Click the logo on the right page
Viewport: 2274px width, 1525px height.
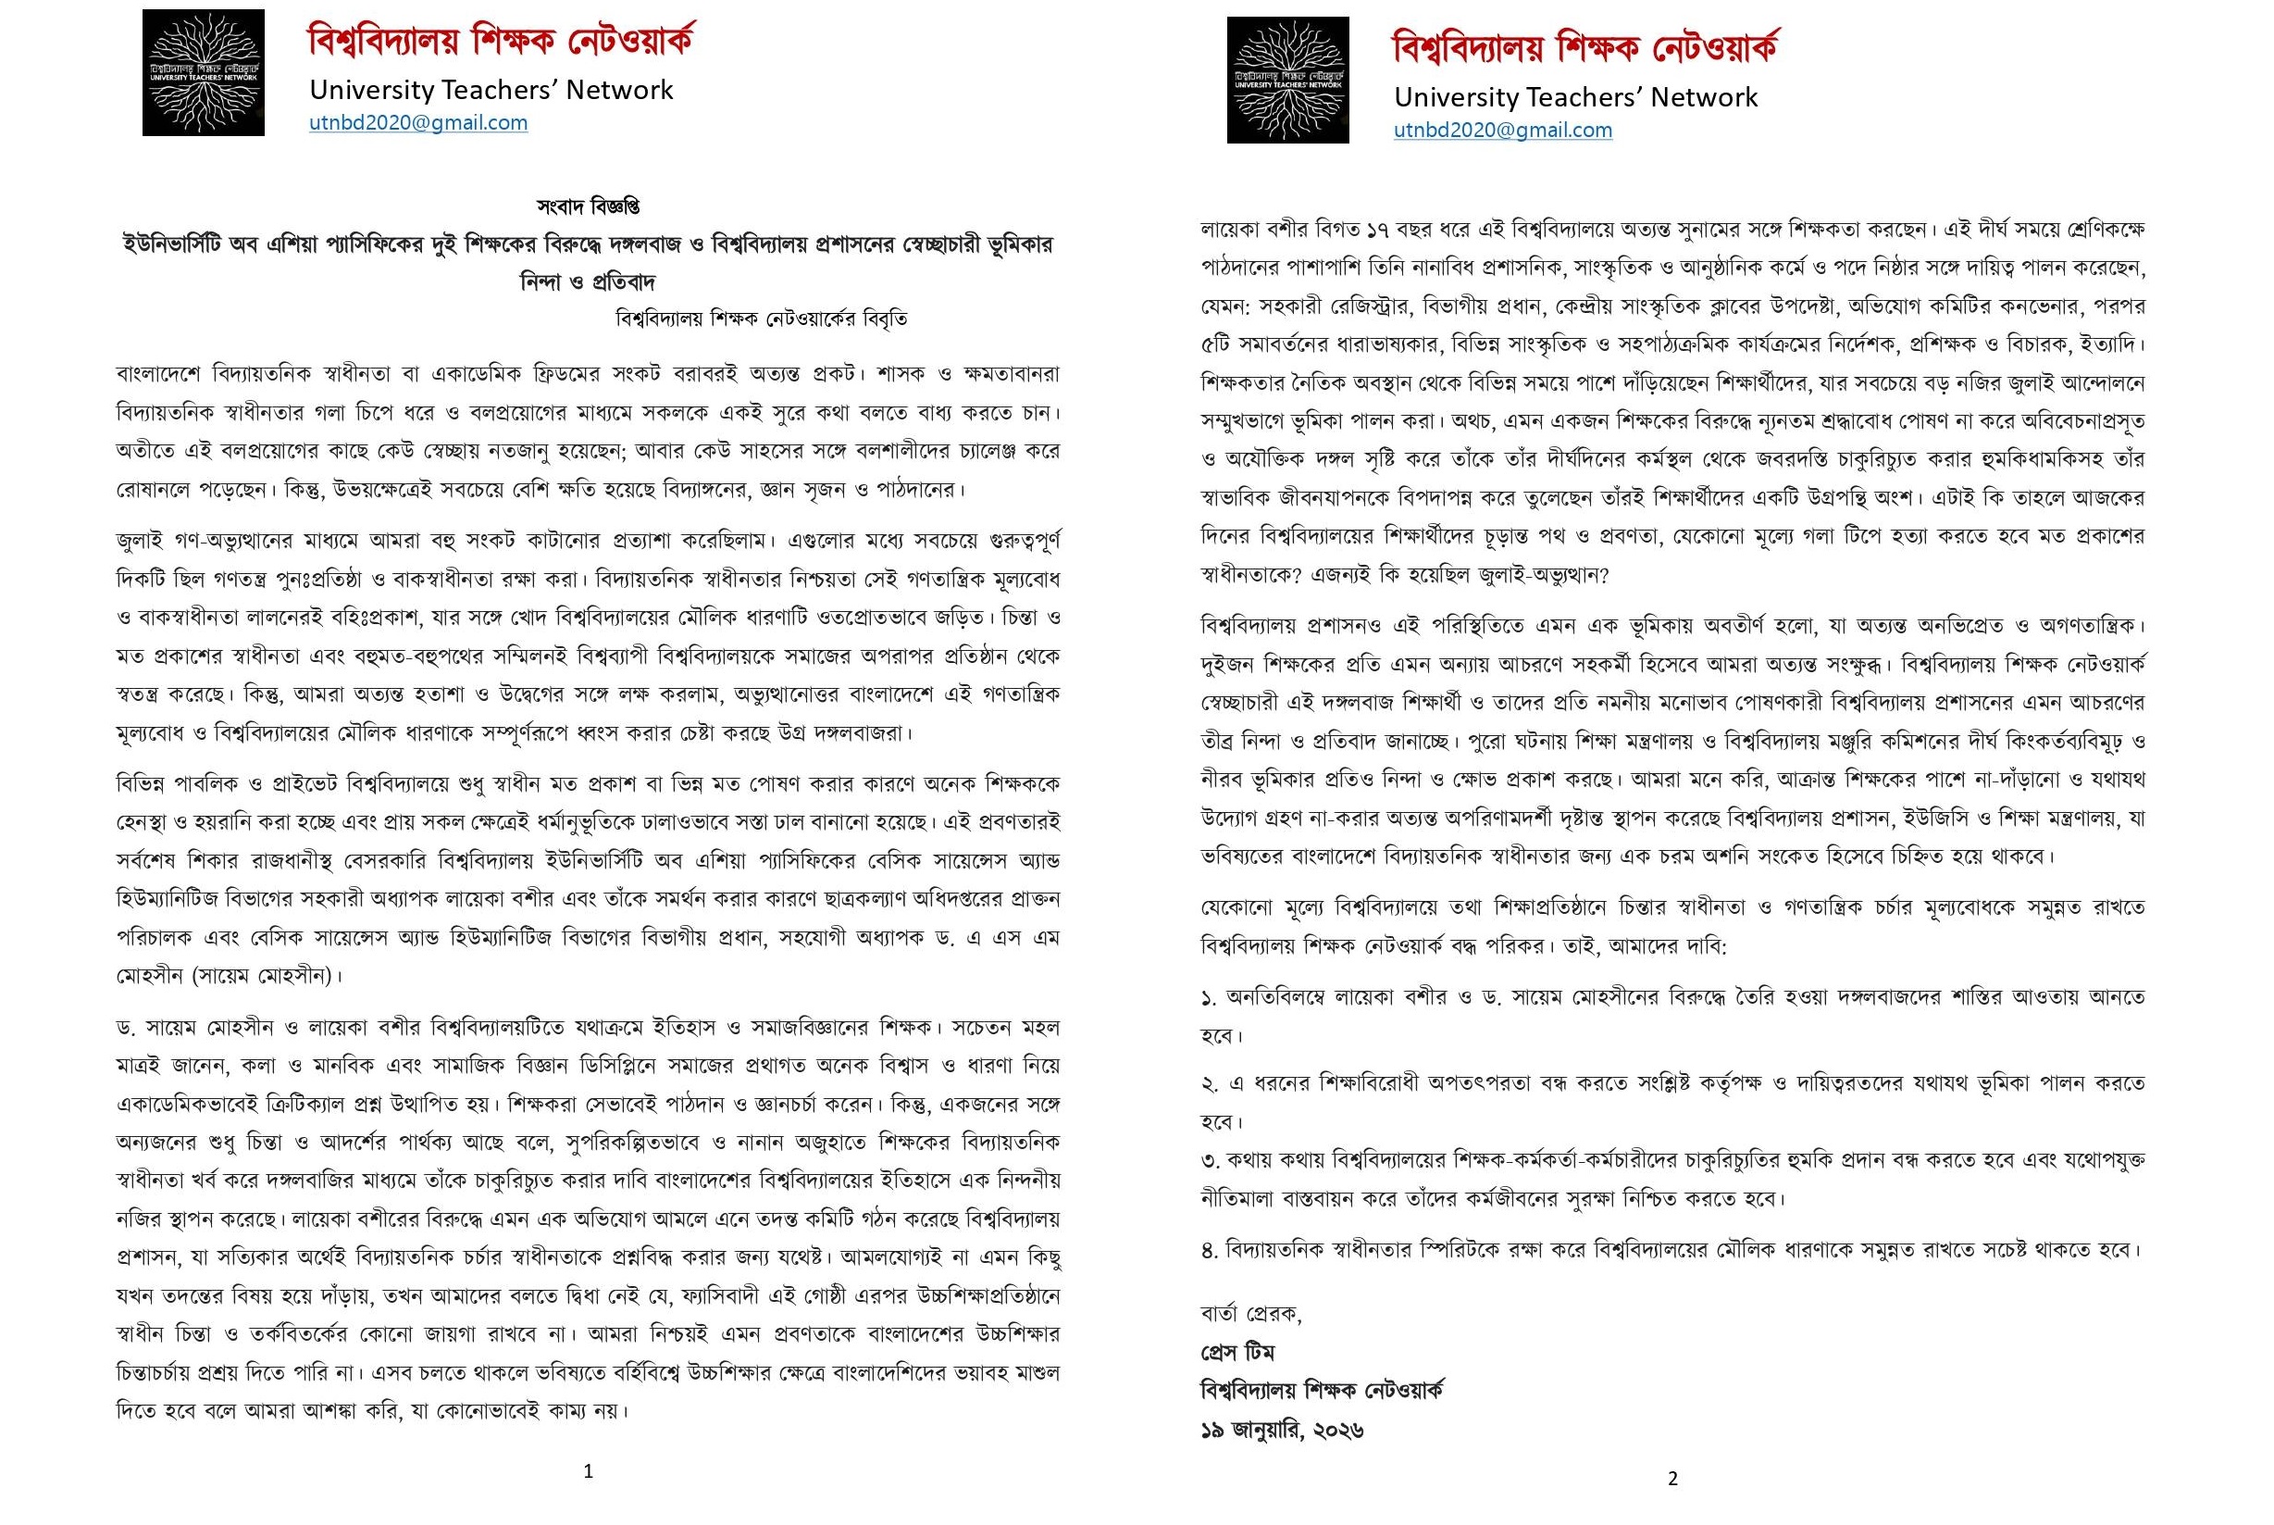tap(1287, 80)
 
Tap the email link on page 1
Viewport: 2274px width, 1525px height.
tap(418, 122)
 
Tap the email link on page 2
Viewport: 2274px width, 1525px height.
tap(1502, 131)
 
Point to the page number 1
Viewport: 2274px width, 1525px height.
tap(589, 1471)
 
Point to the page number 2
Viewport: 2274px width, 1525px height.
tap(1672, 1479)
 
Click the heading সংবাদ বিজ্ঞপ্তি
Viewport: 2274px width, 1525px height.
tap(589, 206)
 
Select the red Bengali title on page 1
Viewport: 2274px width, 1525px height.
tap(501, 41)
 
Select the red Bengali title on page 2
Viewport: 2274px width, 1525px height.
tap(1584, 47)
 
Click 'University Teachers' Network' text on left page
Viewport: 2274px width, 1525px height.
tap(491, 90)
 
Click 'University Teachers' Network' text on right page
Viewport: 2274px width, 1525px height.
tap(1575, 97)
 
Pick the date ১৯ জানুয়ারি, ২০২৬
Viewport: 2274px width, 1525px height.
tap(1281, 1430)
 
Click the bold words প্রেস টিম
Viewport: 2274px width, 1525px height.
tap(1237, 1353)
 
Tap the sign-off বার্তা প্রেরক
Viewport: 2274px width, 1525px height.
tap(1251, 1314)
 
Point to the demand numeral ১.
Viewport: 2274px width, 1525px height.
tap(1209, 998)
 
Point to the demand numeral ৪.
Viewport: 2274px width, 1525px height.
tap(1210, 1251)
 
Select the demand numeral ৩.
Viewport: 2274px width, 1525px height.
tap(1210, 1160)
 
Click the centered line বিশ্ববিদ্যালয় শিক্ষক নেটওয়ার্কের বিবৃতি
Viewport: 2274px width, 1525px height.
tap(763, 319)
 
